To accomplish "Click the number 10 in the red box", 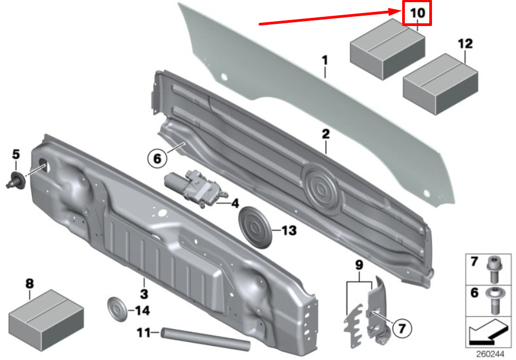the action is coord(417,13).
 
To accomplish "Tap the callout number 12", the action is coord(465,44).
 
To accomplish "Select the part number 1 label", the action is coord(325,61).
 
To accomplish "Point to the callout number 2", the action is coord(325,134).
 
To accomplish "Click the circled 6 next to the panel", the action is coord(157,159).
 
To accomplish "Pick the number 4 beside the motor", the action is coord(235,203).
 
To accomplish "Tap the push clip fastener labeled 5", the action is coord(16,180).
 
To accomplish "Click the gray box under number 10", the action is coord(388,49).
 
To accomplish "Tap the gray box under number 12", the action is coord(441,84).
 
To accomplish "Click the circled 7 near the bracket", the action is coord(401,328).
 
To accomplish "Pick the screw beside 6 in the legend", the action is coord(493,301).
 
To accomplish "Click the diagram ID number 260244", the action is coord(490,355).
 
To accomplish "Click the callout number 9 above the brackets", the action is coord(359,265).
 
